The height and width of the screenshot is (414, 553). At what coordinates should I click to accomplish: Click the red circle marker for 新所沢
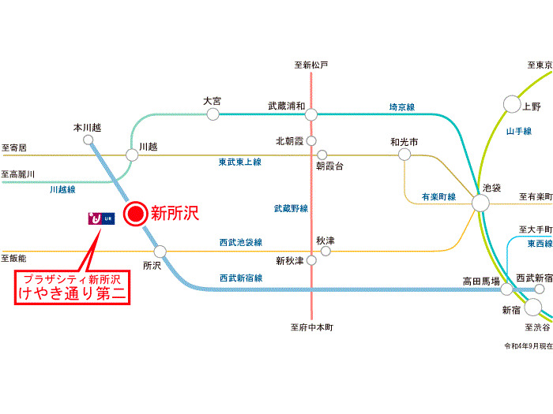tap(136, 212)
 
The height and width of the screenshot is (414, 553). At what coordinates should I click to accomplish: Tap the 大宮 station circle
tap(213, 114)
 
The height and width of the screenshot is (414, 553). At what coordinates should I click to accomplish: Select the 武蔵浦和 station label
tap(286, 105)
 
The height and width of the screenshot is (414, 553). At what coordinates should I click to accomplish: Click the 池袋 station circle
tap(481, 203)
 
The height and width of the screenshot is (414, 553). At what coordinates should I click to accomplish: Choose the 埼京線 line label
tap(402, 106)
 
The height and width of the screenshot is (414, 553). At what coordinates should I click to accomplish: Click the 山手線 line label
tap(519, 130)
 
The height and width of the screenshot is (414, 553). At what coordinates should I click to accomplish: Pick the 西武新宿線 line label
tap(240, 278)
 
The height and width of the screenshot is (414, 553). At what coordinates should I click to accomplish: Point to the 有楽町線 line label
tap(438, 196)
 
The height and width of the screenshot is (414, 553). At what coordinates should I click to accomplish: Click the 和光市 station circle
tap(404, 155)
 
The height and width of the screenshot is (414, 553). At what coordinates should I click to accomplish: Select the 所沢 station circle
tap(160, 252)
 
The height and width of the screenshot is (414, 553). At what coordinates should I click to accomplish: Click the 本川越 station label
tap(87, 126)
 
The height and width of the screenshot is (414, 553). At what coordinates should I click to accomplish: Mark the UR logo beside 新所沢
tap(102, 218)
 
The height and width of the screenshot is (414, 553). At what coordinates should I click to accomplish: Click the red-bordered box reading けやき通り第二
tap(72, 287)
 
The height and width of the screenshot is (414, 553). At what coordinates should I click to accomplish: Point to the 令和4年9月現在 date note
tap(528, 345)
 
